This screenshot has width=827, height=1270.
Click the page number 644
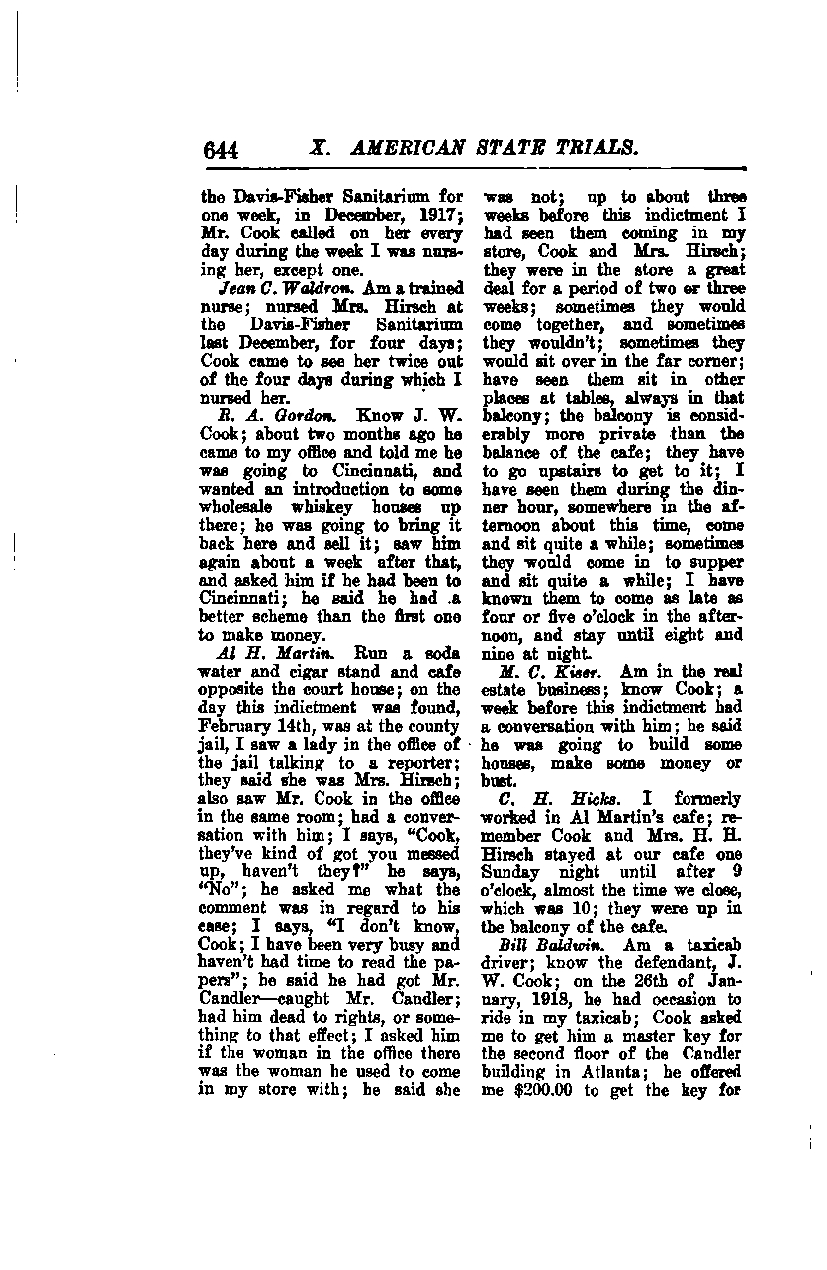222,150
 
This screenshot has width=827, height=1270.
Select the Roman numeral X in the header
318,149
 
